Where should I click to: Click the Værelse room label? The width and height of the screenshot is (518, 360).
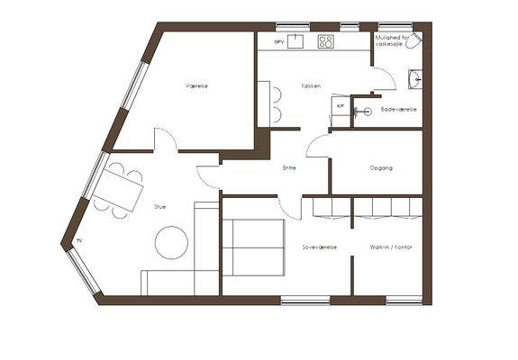[x=196, y=86]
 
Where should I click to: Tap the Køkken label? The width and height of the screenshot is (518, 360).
[x=311, y=86]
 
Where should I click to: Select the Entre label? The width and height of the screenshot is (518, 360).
[x=289, y=168]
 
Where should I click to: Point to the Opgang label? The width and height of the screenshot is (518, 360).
[x=381, y=168]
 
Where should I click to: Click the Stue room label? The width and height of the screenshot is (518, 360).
[x=159, y=207]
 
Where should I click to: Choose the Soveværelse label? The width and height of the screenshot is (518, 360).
[x=320, y=247]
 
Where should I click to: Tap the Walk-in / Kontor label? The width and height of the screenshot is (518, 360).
[x=391, y=247]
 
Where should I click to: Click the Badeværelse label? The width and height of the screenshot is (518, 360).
[x=399, y=109]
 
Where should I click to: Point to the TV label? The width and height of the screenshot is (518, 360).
[x=79, y=241]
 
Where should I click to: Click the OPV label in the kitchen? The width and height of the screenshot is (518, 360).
[x=279, y=42]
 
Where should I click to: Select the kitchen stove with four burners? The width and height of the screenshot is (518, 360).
[x=326, y=41]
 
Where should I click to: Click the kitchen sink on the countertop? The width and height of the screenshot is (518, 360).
[x=295, y=41]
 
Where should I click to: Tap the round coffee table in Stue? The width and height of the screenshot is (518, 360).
[x=171, y=242]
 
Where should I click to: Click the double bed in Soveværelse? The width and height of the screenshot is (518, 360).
[x=253, y=247]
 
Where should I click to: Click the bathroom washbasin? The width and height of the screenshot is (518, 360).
[x=415, y=79]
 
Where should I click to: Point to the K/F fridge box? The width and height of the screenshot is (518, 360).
[x=341, y=106]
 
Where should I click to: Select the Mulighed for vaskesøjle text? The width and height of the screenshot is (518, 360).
[x=392, y=40]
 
